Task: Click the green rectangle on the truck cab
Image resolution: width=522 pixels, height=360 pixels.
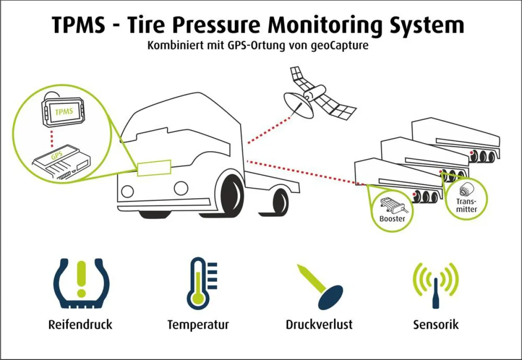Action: [x=154, y=168]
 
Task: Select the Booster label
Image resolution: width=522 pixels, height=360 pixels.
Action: [x=392, y=218]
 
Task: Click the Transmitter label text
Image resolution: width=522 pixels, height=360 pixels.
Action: [x=467, y=205]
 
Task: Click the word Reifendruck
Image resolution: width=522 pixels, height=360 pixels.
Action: [x=80, y=324]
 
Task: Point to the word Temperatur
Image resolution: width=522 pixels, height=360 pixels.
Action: [x=198, y=324]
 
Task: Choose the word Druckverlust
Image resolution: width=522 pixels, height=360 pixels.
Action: [x=319, y=324]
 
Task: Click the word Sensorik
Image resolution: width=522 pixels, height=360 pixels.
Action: [x=435, y=324]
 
